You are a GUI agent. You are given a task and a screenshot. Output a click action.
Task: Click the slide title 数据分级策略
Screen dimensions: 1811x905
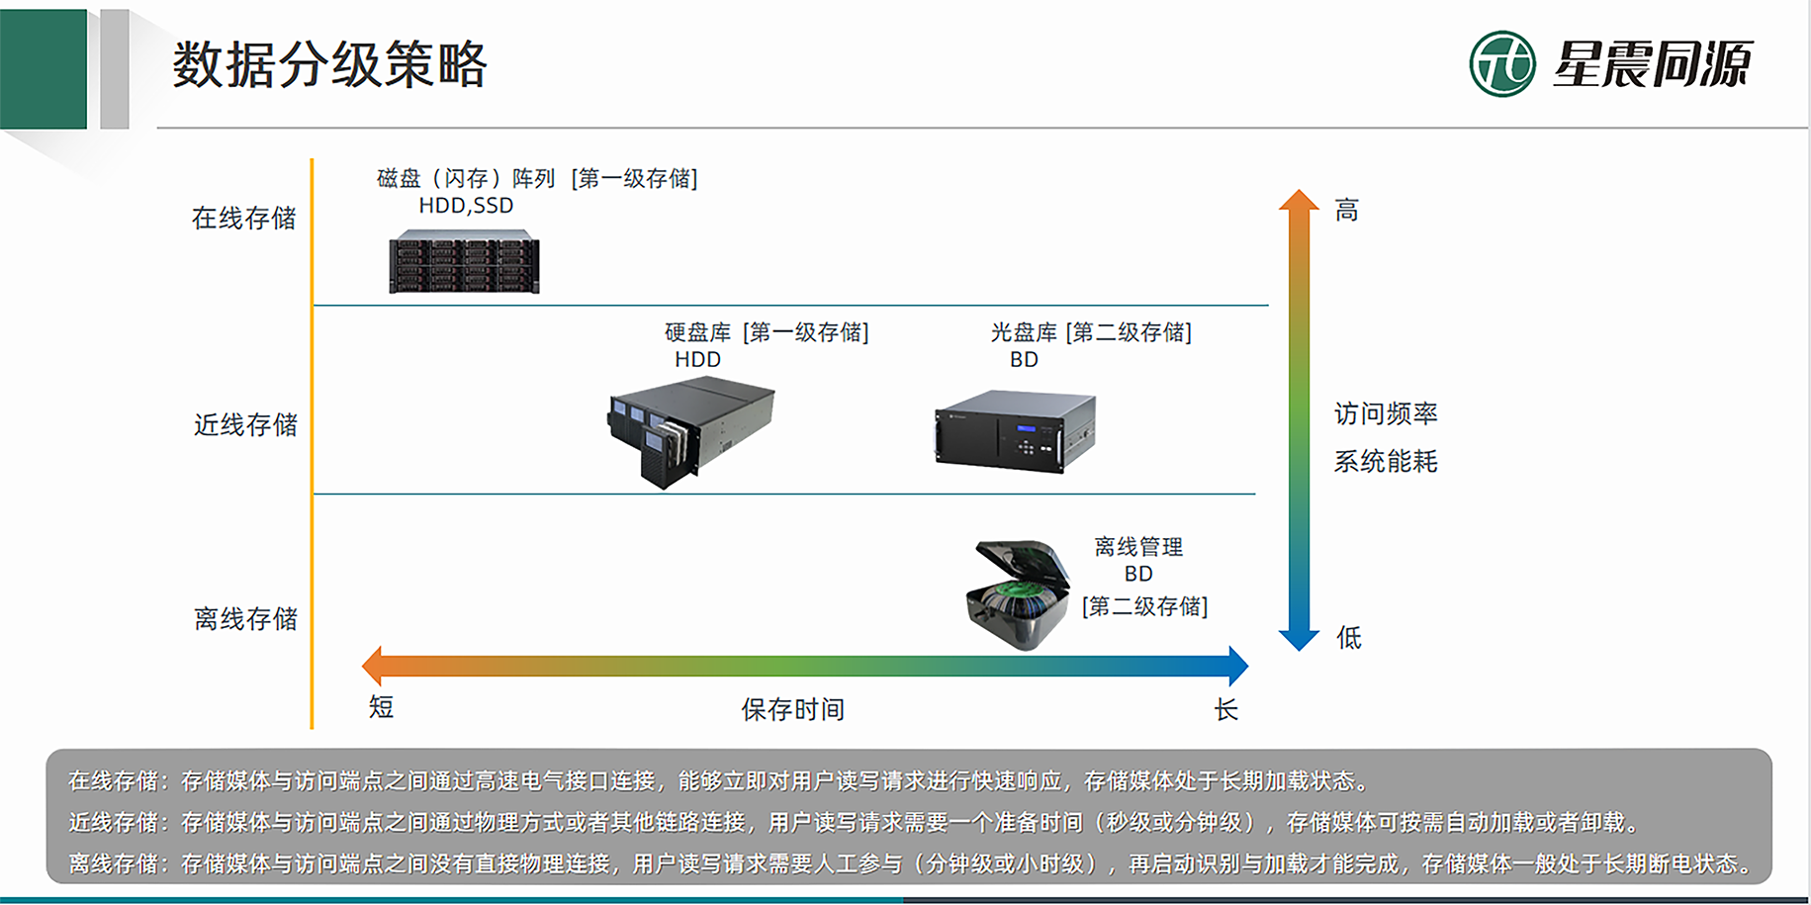329,64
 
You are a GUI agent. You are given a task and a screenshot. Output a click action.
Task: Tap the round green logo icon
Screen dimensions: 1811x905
1502,63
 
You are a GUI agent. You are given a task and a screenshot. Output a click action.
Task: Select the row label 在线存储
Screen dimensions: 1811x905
243,218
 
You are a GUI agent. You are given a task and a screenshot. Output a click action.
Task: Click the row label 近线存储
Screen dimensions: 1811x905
245,424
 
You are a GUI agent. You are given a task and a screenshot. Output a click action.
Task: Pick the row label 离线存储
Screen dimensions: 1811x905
245,618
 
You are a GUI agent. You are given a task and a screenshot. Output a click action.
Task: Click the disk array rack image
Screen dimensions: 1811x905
464,262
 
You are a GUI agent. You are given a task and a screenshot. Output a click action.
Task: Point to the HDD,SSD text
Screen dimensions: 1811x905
466,206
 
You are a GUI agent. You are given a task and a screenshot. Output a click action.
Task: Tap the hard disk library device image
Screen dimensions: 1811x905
690,431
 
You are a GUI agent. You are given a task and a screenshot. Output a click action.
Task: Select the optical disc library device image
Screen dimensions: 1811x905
1015,432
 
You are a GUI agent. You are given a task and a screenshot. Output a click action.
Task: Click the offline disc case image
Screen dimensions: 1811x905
1018,593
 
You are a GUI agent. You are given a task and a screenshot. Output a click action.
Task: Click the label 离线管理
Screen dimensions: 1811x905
1138,547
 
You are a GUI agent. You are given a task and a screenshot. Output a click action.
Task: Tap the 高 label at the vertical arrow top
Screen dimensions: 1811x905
1346,210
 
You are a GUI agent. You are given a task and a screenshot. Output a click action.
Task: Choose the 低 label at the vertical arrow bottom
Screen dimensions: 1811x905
1349,637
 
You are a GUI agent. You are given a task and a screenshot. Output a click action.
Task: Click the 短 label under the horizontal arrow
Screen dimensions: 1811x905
381,706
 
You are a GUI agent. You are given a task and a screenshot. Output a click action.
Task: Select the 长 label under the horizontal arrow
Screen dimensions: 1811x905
1226,709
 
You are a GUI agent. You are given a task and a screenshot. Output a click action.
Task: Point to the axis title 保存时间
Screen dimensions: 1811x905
792,709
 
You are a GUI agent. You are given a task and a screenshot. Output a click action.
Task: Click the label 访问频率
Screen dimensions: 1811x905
1386,413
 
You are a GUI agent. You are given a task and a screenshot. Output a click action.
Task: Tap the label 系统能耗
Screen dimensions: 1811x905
1386,461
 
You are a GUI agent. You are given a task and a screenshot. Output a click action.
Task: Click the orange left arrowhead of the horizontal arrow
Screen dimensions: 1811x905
373,666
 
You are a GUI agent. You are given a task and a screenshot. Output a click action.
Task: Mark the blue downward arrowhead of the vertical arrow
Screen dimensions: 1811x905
1299,638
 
